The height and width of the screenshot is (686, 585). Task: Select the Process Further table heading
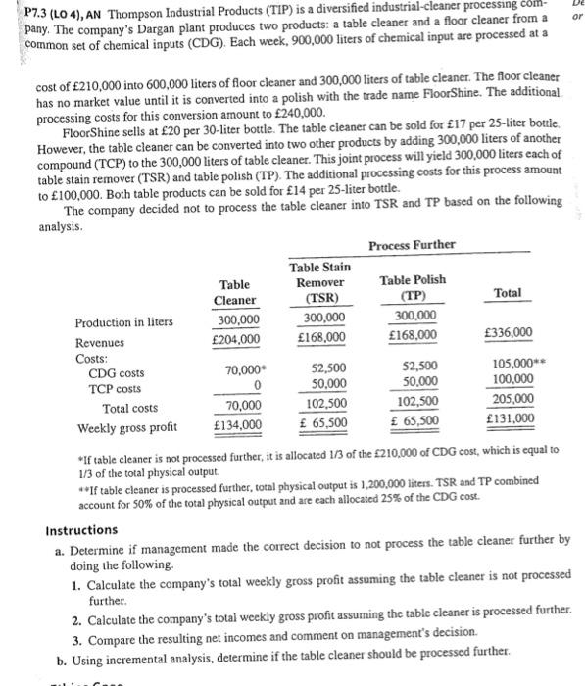412,244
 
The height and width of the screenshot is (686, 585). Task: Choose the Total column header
507,293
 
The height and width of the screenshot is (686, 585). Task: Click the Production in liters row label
123,322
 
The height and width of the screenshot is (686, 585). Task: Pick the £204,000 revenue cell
236,339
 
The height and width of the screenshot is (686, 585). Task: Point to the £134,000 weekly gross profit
236,424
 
